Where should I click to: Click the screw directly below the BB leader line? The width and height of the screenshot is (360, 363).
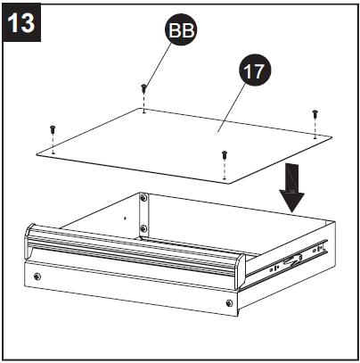pyautogui.click(x=144, y=89)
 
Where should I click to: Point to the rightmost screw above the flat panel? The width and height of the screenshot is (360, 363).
pyautogui.click(x=315, y=114)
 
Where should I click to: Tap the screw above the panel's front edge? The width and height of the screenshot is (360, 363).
pyautogui.click(x=225, y=156)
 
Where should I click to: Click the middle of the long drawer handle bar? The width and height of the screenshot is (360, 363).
pyautogui.click(x=134, y=253)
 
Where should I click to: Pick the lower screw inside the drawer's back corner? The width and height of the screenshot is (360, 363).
pyautogui.click(x=143, y=229)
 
